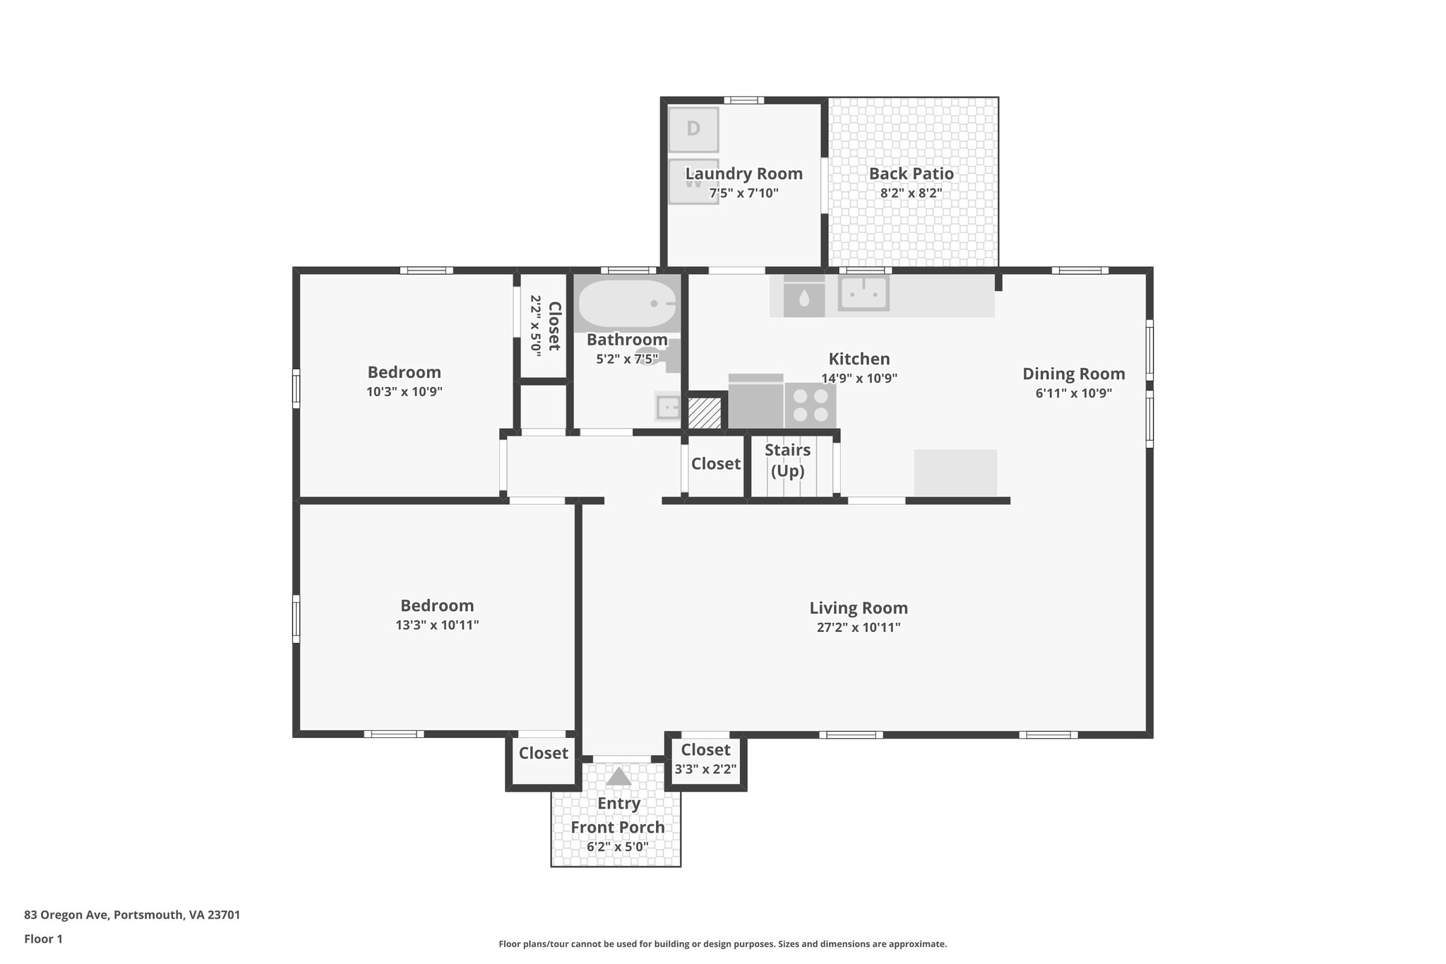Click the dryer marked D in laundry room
(693, 129)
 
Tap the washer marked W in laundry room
(693, 182)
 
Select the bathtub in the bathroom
(626, 304)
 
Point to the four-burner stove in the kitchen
(811, 405)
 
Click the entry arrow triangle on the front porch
(619, 777)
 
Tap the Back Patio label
(911, 174)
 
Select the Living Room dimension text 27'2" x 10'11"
(859, 627)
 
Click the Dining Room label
(1073, 374)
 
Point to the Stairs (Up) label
(787, 460)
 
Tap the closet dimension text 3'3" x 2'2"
(705, 769)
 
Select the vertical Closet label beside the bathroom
(554, 326)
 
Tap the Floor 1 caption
(43, 939)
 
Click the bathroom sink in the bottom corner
(667, 407)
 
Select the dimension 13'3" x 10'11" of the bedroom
(437, 625)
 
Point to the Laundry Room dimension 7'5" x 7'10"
(743, 193)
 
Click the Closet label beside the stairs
(715, 464)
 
